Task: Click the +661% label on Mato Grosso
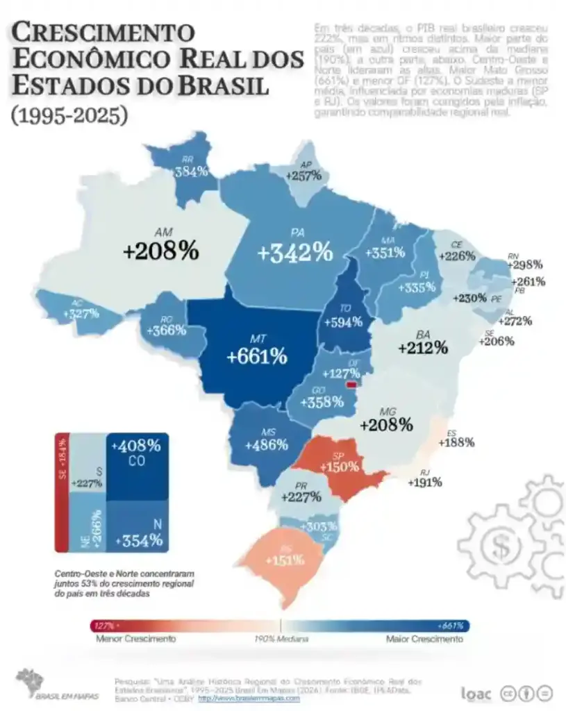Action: pyautogui.click(x=256, y=357)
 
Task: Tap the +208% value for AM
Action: pyautogui.click(x=160, y=251)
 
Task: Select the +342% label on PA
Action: pyautogui.click(x=294, y=253)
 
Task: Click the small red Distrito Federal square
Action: pyautogui.click(x=351, y=384)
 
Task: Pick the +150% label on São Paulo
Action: pyautogui.click(x=338, y=467)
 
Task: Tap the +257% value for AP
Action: pyautogui.click(x=303, y=176)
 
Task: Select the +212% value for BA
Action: pyautogui.click(x=423, y=347)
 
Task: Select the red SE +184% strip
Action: pyautogui.click(x=62, y=493)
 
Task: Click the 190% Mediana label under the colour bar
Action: pyautogui.click(x=281, y=638)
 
